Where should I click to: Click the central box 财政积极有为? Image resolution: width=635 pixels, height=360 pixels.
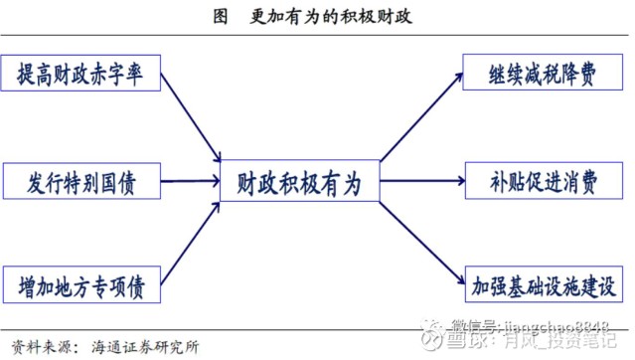click(x=299, y=182)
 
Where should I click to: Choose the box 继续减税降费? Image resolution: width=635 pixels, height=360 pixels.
click(x=543, y=74)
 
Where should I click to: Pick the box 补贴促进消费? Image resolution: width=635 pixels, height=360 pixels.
click(x=543, y=182)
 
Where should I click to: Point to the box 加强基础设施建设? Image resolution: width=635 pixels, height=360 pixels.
click(x=543, y=288)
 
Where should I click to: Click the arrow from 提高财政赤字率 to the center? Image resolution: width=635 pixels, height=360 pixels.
click(x=191, y=117)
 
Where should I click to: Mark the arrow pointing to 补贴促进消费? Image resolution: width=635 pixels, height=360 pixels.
click(x=422, y=182)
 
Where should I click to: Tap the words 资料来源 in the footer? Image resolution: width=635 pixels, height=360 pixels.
click(x=39, y=346)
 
